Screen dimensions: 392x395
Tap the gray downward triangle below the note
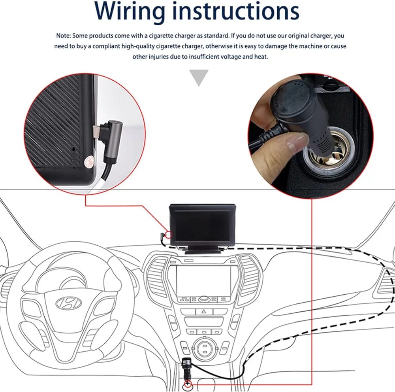198,77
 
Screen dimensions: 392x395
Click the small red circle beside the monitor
169,236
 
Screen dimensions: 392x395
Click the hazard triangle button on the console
204,312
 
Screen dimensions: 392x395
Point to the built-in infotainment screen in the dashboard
203,280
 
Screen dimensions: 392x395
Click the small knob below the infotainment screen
204,299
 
